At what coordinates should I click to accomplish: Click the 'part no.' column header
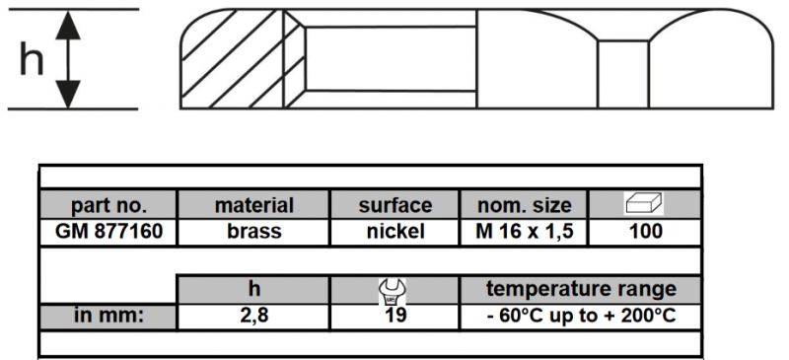(108, 205)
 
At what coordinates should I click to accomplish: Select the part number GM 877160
(108, 231)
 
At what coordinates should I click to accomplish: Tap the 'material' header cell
(254, 205)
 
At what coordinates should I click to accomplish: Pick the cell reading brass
(254, 231)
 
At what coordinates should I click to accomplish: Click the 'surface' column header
(395, 205)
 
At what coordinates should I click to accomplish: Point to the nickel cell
(395, 231)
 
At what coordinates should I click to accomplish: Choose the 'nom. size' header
(525, 205)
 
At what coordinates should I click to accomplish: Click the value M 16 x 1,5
(525, 231)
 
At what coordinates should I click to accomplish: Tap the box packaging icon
(644, 204)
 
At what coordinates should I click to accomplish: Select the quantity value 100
(646, 231)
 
